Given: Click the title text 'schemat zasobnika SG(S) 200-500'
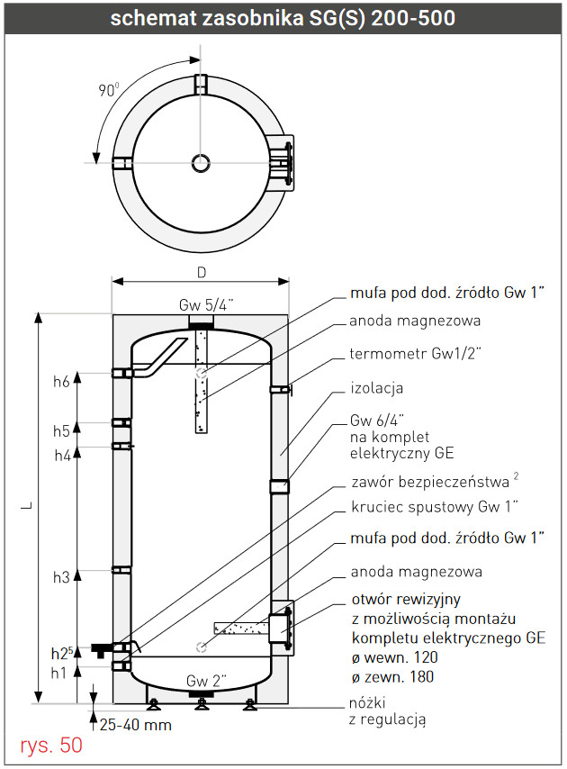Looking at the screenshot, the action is [283, 18].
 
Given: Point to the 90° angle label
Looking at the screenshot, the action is [109, 90].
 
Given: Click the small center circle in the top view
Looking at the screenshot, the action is [201, 163].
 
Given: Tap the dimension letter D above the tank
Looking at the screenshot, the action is [202, 273].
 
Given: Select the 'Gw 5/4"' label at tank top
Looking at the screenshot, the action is [206, 305].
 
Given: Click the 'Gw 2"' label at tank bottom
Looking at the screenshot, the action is [206, 681].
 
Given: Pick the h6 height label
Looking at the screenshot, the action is [61, 382].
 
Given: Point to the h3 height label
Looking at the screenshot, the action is [61, 577].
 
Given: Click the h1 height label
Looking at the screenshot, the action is [58, 673].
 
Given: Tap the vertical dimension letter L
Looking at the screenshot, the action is [27, 505].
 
